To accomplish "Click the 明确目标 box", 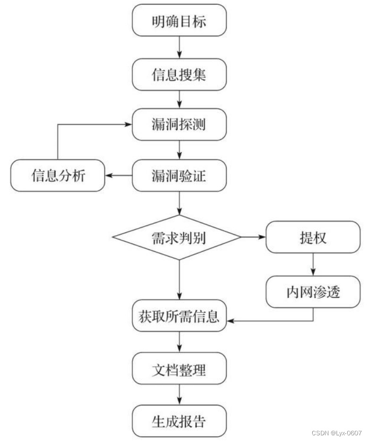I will (179, 20).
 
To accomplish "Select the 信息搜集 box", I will (179, 75).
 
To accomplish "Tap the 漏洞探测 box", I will (179, 125).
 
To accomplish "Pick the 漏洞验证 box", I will (179, 176).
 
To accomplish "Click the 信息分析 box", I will (58, 176).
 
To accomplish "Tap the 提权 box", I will (313, 237).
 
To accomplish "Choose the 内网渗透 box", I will (313, 291).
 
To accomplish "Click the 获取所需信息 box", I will (179, 316).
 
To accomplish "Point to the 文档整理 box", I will (179, 369).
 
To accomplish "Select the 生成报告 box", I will (179, 421).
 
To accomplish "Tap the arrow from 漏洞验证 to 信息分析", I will (119, 176).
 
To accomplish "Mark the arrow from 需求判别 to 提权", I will (253, 237).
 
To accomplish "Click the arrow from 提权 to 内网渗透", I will (313, 264).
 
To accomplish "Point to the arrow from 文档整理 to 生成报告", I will (179, 395).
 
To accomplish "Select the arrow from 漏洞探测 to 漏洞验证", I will (179, 150).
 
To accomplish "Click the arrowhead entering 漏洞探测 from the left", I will (128, 125).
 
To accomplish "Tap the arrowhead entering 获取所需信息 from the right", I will (231, 321).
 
